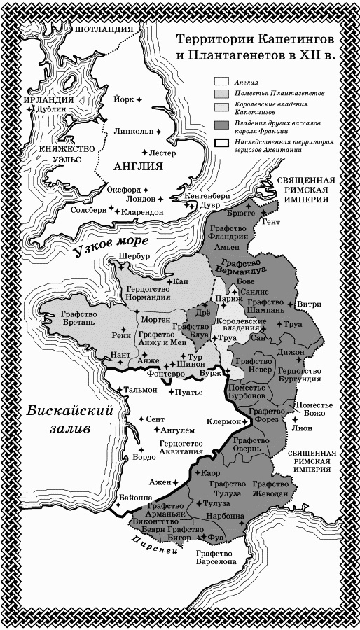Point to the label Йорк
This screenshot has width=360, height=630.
coord(123,99)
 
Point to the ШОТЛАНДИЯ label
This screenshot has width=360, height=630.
coord(104,29)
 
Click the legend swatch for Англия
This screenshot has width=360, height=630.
coord(222,81)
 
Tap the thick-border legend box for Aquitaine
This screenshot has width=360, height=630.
coord(222,142)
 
